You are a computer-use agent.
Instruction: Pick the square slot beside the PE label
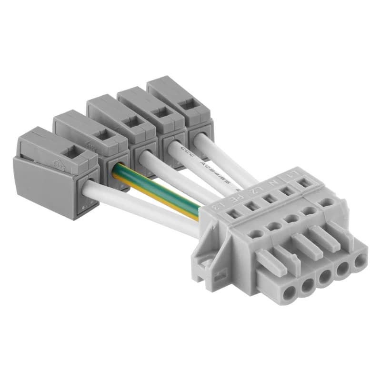251,206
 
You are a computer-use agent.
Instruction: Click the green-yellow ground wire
157,188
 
